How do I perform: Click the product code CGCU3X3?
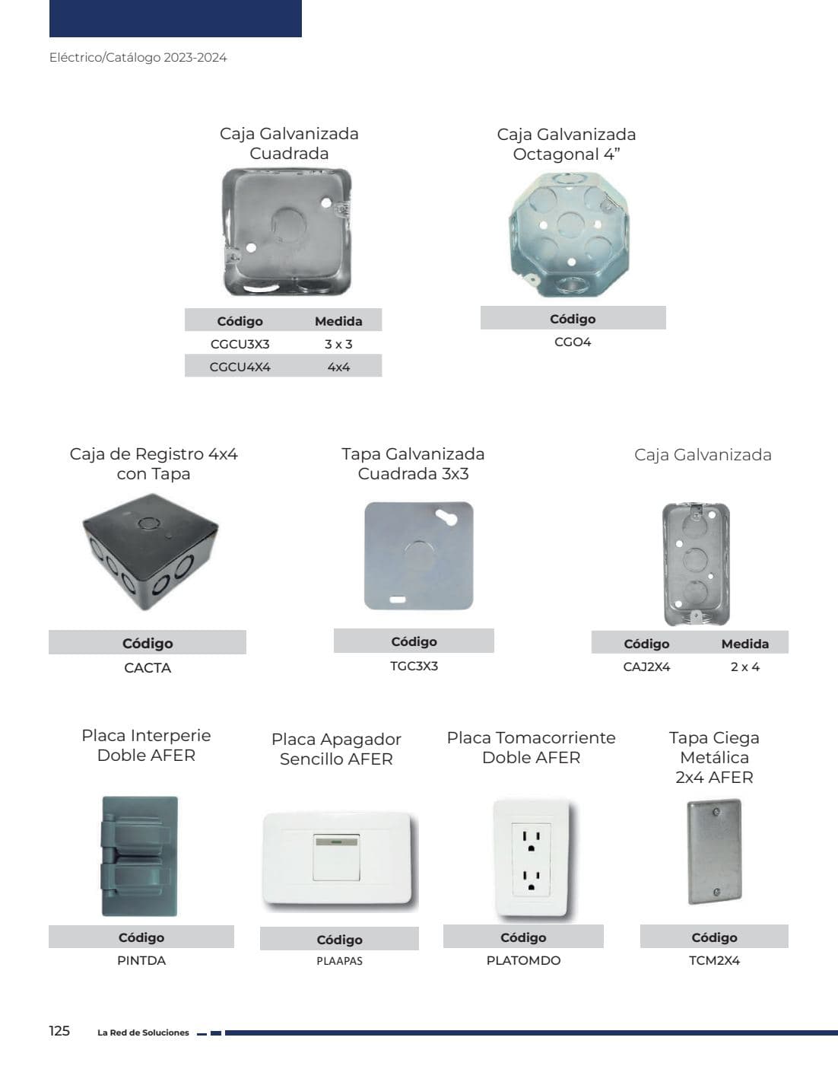tap(240, 344)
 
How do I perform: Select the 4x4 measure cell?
tap(338, 367)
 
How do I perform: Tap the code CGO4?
tap(573, 342)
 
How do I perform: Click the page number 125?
tap(59, 1030)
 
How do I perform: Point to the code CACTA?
tap(148, 667)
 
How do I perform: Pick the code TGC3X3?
tap(414, 666)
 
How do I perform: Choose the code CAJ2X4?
tap(646, 667)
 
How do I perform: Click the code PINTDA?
tap(141, 960)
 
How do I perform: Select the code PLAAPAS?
tap(340, 961)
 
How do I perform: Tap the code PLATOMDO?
tap(523, 960)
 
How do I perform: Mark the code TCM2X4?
tap(714, 960)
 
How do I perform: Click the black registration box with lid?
tap(150, 552)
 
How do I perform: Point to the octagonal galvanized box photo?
tap(569, 234)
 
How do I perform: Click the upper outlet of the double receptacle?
tap(532, 841)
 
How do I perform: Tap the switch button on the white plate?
tap(336, 857)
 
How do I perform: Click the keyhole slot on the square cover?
tap(446, 517)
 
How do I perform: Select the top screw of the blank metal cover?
tap(716, 813)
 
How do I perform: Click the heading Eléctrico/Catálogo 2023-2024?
tap(138, 57)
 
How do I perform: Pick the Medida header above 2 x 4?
tap(744, 644)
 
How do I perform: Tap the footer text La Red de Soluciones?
tap(143, 1032)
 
